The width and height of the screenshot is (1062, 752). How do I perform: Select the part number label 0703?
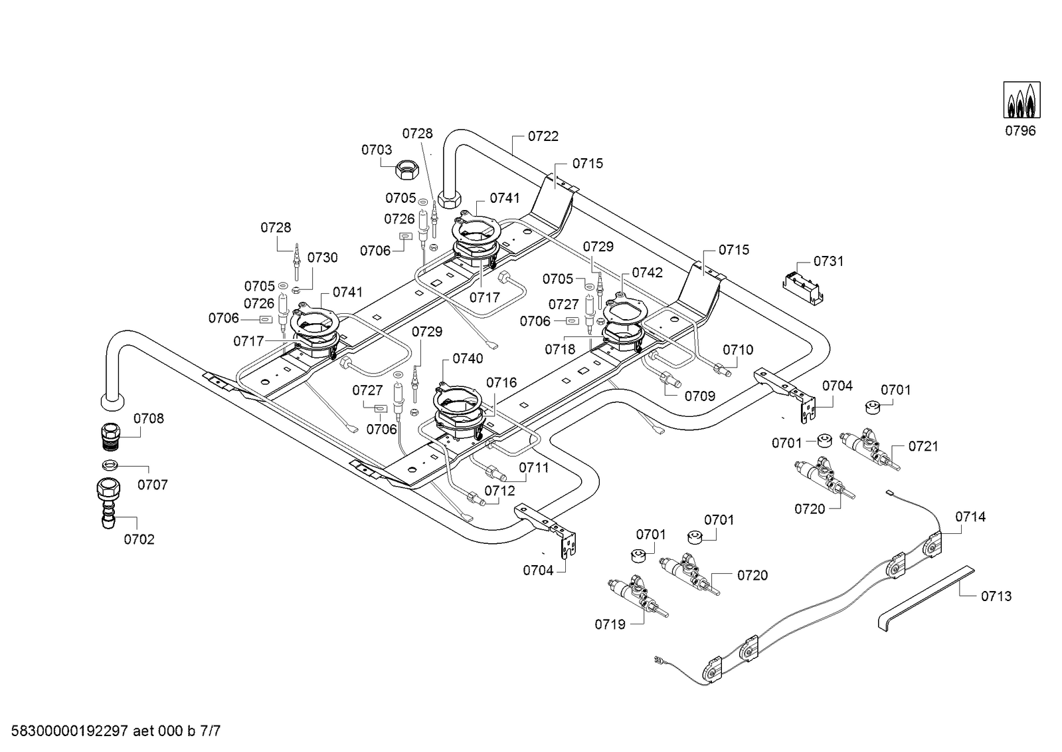click(377, 150)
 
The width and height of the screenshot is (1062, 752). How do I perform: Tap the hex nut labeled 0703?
click(406, 170)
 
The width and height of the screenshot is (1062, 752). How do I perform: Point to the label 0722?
click(543, 136)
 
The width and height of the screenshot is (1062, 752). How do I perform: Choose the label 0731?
click(829, 261)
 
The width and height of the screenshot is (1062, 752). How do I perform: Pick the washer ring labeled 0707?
click(110, 464)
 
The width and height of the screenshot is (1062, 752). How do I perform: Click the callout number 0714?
click(970, 517)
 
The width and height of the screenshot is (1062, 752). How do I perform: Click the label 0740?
click(468, 358)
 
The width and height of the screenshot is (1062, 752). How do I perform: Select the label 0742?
click(647, 273)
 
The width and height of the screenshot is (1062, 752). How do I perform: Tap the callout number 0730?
click(322, 258)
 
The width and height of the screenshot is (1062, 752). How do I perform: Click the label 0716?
click(501, 382)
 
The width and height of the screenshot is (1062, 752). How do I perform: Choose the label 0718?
click(560, 350)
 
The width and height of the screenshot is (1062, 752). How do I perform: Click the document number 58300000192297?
click(70, 731)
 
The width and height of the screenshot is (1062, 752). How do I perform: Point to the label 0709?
click(700, 396)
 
